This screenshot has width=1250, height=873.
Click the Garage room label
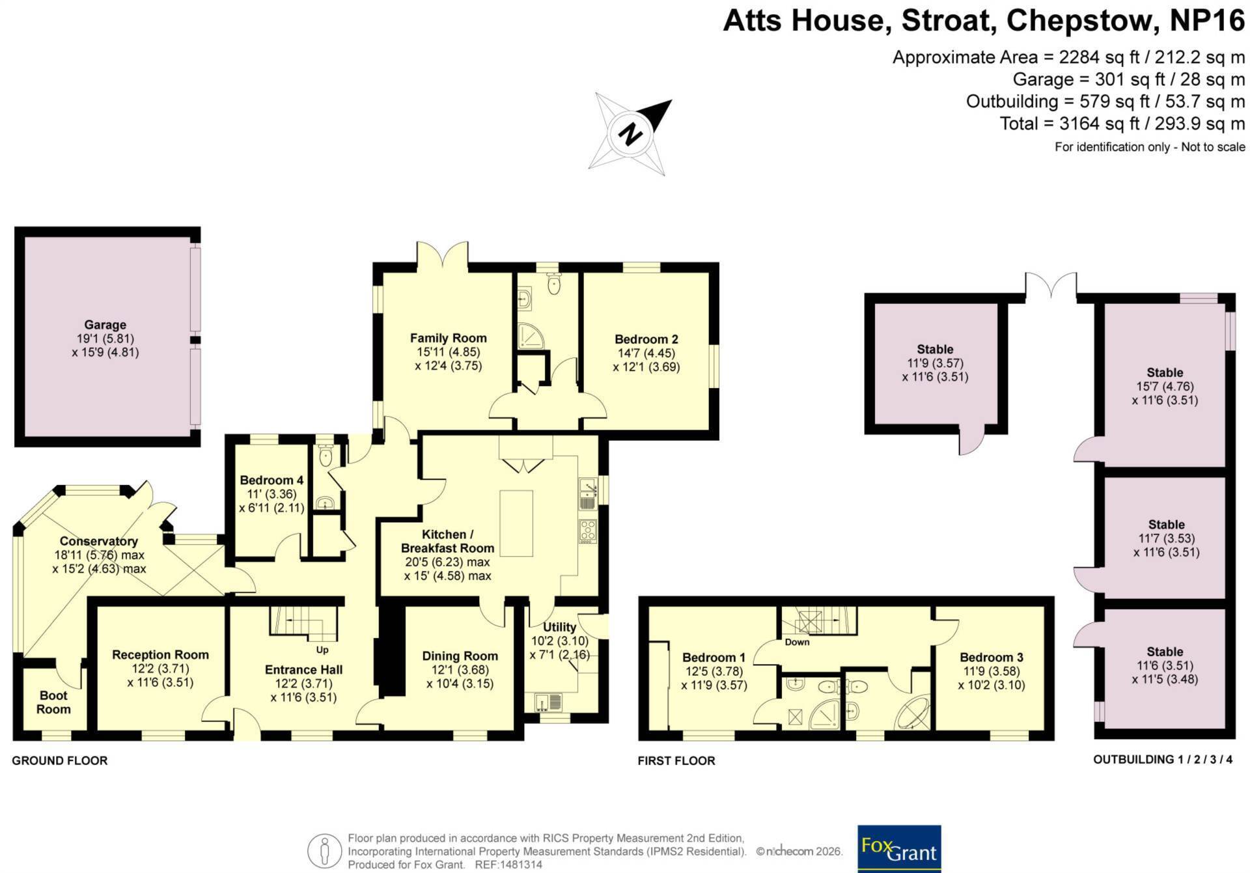[x=105, y=325]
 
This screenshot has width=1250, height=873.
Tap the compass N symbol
[x=630, y=134]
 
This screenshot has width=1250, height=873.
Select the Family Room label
[x=448, y=338]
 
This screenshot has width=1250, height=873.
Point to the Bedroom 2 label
[x=646, y=339]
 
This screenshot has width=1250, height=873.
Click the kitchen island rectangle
[x=516, y=523]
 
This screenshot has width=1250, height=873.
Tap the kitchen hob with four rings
[x=588, y=531]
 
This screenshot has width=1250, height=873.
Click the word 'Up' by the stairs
[x=322, y=650]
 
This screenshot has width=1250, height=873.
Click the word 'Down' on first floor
[x=797, y=642]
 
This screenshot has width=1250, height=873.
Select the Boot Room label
[x=53, y=702]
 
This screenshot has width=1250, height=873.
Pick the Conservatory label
[x=99, y=541]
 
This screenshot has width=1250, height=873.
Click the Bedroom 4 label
[x=271, y=480]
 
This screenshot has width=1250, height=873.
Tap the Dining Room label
[x=460, y=656]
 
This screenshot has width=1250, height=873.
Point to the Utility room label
[x=559, y=627]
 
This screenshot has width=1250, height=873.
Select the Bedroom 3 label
[x=992, y=658]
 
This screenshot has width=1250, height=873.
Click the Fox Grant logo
[x=899, y=848]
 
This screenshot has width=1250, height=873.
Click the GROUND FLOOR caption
[x=60, y=760]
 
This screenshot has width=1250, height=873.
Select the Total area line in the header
[x=1122, y=124]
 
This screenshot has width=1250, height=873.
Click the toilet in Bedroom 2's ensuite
[x=554, y=284]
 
